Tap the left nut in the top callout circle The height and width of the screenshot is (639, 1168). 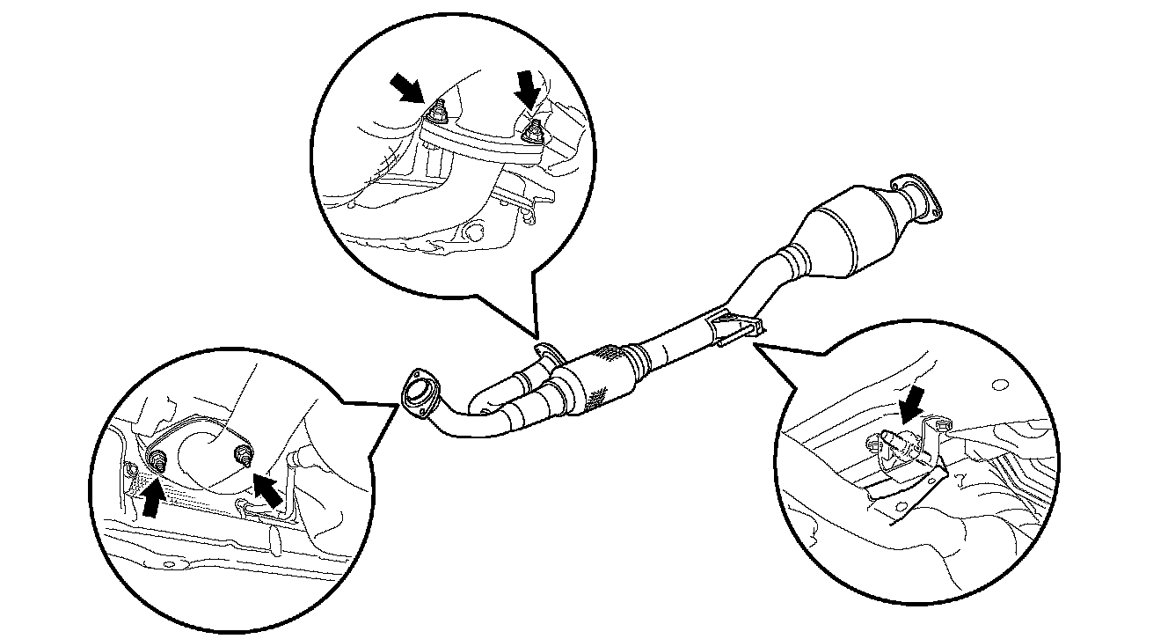coord(435,114)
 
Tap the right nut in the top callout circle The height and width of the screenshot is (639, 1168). coord(531,131)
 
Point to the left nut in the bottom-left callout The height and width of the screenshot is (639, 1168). coord(158,459)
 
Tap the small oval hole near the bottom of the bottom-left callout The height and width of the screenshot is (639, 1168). coord(169,564)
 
